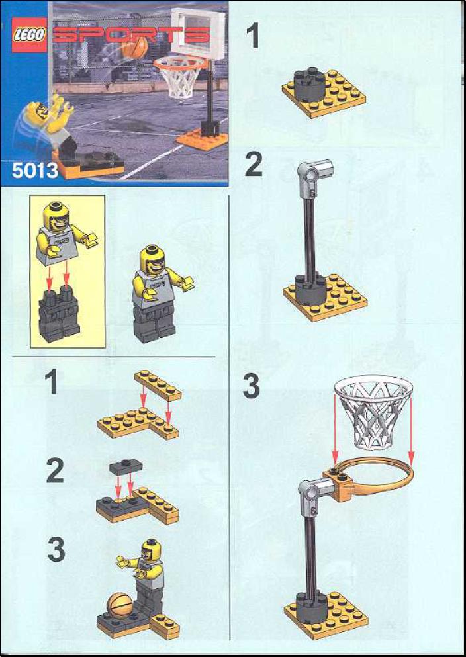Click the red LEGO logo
tap(29, 36)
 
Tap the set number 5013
tap(35, 171)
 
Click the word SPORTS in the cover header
tap(130, 35)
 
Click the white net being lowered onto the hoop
tap(373, 408)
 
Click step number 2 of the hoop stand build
tap(254, 165)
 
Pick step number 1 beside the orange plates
tap(52, 382)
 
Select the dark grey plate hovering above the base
tap(125, 468)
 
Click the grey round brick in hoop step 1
tap(310, 85)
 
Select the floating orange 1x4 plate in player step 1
tap(158, 385)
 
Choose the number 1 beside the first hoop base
tap(253, 36)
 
